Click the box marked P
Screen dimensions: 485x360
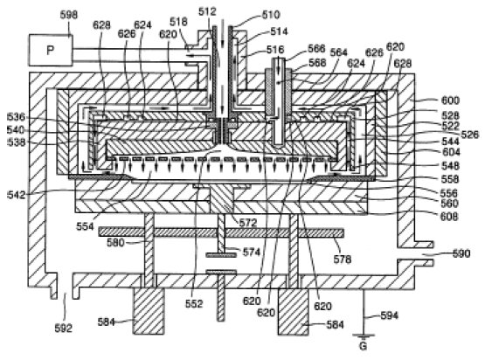51,50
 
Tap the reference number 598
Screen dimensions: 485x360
69,15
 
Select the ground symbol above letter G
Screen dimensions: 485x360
364,336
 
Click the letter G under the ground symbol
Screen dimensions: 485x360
364,345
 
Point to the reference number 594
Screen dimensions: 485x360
390,315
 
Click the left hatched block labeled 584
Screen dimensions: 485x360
149,311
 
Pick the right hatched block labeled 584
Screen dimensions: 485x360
294,312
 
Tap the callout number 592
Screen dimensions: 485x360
64,329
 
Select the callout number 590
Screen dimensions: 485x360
461,253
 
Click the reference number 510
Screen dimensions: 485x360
271,15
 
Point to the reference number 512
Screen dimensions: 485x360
207,11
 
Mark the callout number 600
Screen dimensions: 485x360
450,100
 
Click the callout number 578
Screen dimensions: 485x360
343,260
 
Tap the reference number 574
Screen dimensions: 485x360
252,253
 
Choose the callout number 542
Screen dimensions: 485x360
16,195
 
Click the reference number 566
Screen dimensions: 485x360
316,49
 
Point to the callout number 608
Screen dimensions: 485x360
449,216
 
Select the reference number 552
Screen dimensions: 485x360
194,304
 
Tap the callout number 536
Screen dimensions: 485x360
16,117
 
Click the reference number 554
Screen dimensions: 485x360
85,226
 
